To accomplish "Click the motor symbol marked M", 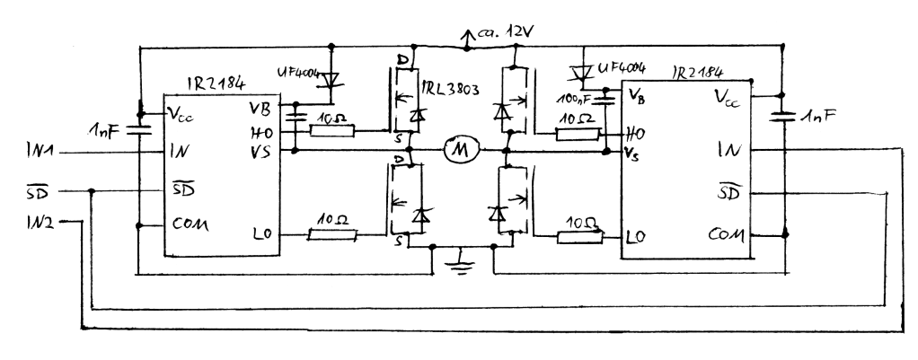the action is click(462, 151).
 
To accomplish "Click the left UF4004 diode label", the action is click(300, 75).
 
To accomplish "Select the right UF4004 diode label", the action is click(622, 68).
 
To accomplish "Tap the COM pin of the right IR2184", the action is click(726, 234).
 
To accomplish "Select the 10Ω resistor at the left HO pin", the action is click(332, 130).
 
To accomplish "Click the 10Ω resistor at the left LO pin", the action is click(332, 234).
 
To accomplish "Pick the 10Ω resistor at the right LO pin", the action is click(579, 236).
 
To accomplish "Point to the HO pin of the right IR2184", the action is click(635, 134).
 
